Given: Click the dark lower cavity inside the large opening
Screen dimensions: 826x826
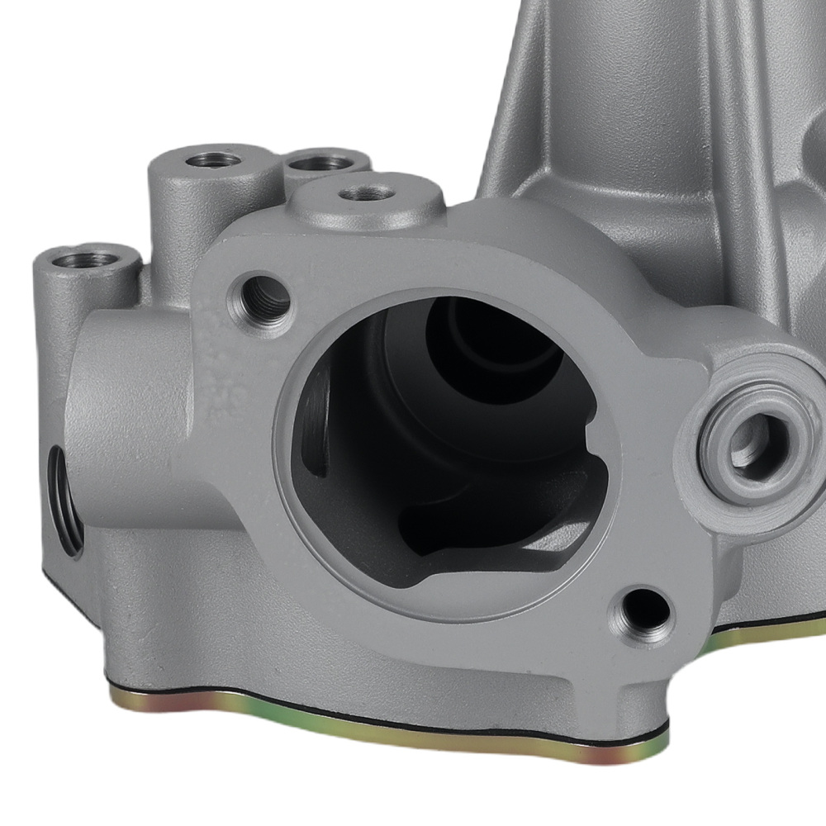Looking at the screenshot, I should click(x=496, y=529).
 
